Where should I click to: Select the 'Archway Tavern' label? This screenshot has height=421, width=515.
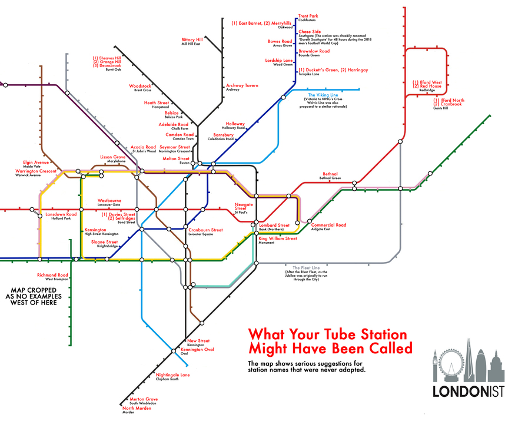pyautogui.click(x=242, y=85)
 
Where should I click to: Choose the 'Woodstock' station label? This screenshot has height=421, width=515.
pyautogui.click(x=140, y=86)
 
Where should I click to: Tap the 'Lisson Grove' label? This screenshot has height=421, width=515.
pyautogui.click(x=113, y=157)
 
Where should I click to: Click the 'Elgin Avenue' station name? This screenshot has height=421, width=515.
pyautogui.click(x=36, y=162)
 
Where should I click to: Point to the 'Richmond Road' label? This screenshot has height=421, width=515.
pyautogui.click(x=53, y=275)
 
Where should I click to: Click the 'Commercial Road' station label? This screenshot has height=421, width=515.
pyautogui.click(x=328, y=225)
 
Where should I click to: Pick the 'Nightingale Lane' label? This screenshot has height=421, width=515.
pyautogui.click(x=173, y=374)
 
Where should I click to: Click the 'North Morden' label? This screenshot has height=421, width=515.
pyautogui.click(x=136, y=408)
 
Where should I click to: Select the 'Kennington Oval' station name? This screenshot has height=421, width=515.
pyautogui.click(x=200, y=350)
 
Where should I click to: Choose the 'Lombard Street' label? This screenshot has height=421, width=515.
pyautogui.click(x=275, y=225)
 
